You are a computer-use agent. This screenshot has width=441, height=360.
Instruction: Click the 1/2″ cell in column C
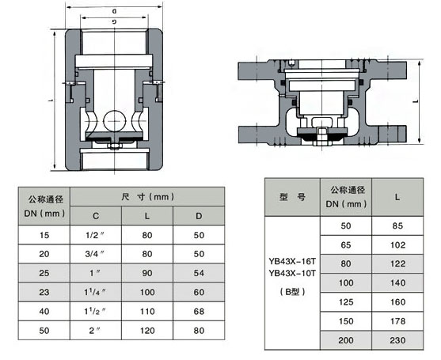97,234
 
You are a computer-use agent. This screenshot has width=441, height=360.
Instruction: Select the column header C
97,214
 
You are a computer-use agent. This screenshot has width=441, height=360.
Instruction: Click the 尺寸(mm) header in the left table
148,195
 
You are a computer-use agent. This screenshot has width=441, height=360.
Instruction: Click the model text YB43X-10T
292,275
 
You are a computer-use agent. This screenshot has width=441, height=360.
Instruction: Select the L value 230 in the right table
397,339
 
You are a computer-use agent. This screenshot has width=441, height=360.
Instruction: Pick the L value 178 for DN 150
397,320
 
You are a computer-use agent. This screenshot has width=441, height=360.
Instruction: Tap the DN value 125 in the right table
344,301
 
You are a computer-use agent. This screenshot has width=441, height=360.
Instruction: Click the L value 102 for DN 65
397,244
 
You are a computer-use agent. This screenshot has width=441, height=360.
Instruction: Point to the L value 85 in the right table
397,225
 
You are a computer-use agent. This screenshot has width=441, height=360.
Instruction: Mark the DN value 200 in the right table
344,339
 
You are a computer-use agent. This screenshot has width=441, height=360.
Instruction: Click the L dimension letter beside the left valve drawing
50,100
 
